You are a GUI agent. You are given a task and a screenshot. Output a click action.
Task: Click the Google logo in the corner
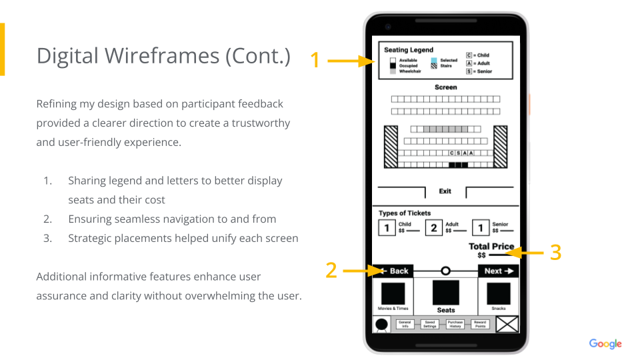point(605,344)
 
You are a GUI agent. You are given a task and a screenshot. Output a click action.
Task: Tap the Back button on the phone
point(393,271)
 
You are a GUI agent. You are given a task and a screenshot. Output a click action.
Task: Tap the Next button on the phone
point(498,271)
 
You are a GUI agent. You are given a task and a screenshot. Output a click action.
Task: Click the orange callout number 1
point(315,61)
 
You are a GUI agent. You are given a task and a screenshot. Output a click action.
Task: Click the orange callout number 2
point(331,270)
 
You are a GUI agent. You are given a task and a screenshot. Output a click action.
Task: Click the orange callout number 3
point(555,252)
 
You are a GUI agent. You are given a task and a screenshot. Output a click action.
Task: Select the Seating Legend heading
point(409,50)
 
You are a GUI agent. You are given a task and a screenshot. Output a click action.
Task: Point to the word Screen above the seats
point(445,87)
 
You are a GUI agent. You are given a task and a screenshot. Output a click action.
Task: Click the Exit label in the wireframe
point(445,191)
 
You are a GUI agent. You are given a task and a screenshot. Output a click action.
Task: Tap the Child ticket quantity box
point(387,229)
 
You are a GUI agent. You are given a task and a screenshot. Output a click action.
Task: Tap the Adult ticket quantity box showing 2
point(434,229)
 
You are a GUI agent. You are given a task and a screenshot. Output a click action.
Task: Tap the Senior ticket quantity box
point(481,229)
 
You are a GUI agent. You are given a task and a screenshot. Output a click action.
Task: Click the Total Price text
point(491,247)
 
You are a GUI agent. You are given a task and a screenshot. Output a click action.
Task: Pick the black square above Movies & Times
point(393,293)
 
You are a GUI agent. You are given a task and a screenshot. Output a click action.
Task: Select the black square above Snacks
point(499,293)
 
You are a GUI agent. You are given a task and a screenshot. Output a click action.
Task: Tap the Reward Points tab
point(480,324)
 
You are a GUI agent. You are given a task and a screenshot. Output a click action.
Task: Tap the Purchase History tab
point(455,324)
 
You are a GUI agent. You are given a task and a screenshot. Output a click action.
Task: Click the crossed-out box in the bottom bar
point(507,324)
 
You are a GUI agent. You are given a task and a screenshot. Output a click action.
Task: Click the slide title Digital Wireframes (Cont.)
point(163,55)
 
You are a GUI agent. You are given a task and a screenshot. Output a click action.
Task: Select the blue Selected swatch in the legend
point(433,61)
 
